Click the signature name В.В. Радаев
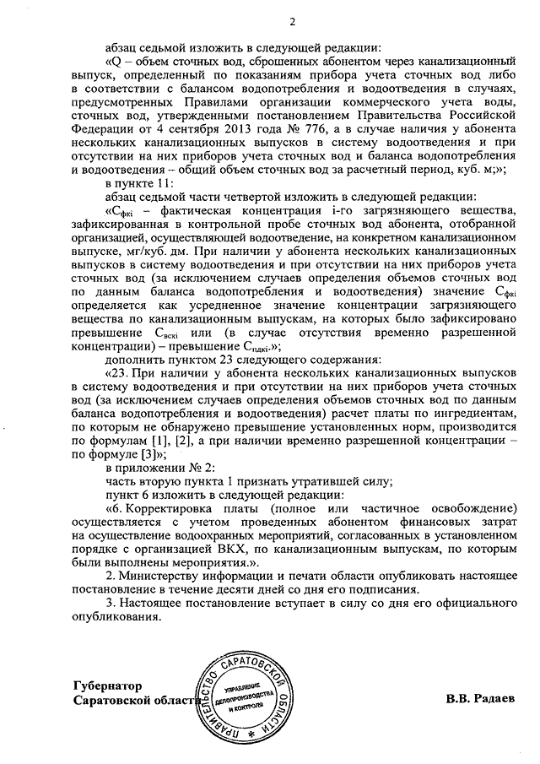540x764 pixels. tap(480, 700)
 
